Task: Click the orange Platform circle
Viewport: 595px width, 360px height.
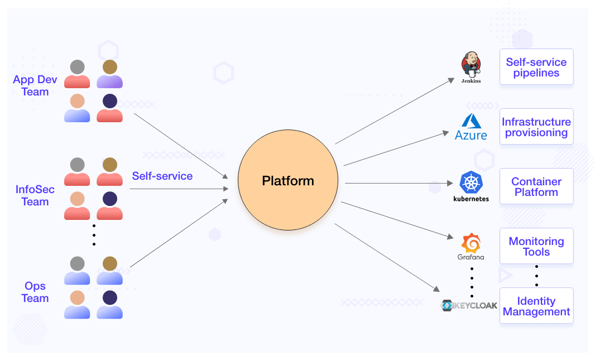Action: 287,181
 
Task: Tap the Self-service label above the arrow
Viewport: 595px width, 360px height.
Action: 162,176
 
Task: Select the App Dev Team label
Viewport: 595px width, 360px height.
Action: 35,86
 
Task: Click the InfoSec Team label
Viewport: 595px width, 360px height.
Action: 35,196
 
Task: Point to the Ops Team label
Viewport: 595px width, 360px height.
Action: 35,292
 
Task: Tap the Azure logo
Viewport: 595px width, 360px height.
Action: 471,127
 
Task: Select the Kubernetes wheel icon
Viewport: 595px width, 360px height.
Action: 471,183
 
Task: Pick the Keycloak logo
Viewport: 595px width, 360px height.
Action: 469,305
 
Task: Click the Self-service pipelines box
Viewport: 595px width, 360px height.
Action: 536,67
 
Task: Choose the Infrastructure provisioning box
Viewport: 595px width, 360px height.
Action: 536,127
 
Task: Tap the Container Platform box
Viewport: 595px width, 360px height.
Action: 536,186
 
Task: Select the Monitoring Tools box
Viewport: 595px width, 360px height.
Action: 536,246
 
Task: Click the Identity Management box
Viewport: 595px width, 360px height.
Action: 536,306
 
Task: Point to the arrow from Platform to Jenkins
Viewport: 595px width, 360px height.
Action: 395,111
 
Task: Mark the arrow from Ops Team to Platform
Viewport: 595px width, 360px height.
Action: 179,233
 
